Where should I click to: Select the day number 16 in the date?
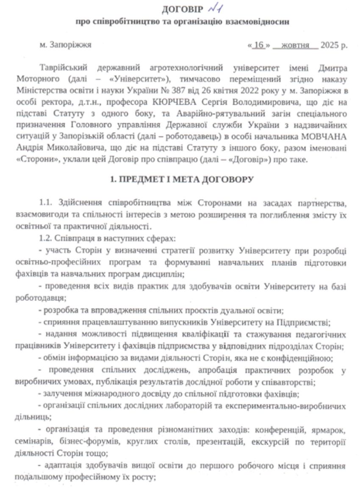258,44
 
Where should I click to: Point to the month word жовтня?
296,44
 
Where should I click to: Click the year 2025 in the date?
331,44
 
